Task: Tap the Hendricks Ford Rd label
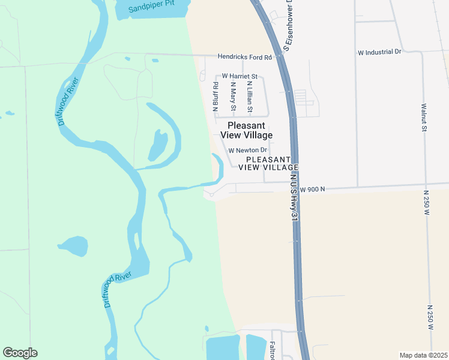(244, 57)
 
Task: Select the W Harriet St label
(240, 76)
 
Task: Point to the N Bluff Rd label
(215, 96)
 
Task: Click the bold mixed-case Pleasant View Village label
(250, 130)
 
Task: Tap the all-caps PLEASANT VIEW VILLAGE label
(268, 163)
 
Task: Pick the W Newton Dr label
(248, 150)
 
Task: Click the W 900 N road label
(312, 189)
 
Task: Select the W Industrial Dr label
(379, 52)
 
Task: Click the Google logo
(20, 353)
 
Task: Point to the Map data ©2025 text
(423, 355)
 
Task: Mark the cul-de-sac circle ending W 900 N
(211, 195)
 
